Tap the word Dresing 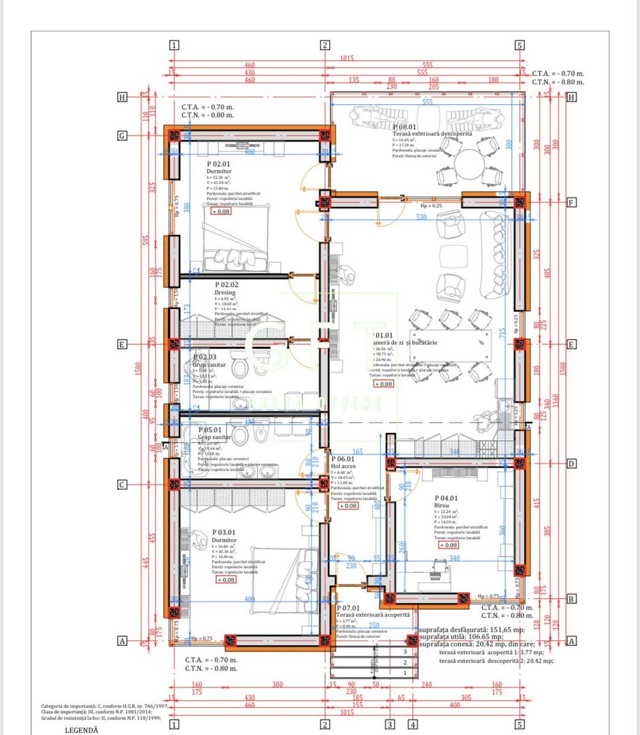(226, 293)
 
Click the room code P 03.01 (225, 532)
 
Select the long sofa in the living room (495, 255)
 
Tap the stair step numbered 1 (405, 673)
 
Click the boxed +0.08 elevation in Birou (449, 545)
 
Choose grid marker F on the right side (571, 202)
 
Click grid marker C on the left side (122, 485)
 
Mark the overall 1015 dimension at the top (347, 59)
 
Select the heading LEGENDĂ (82, 730)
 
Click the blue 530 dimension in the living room (422, 217)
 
